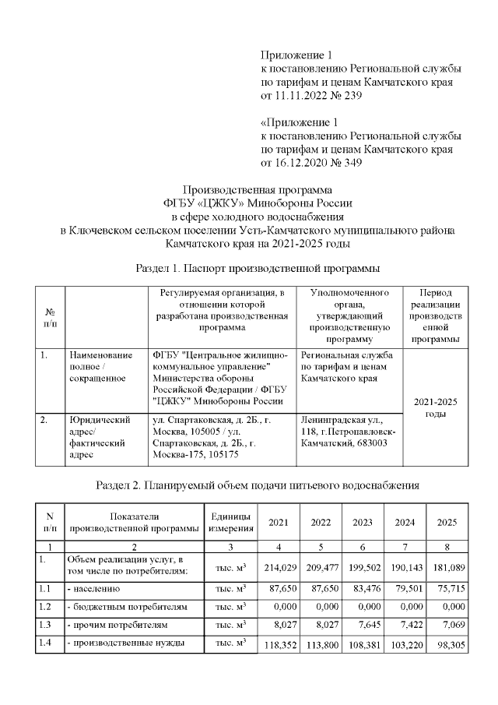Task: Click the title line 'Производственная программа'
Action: coord(257,189)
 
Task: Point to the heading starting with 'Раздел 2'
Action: coord(257,485)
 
